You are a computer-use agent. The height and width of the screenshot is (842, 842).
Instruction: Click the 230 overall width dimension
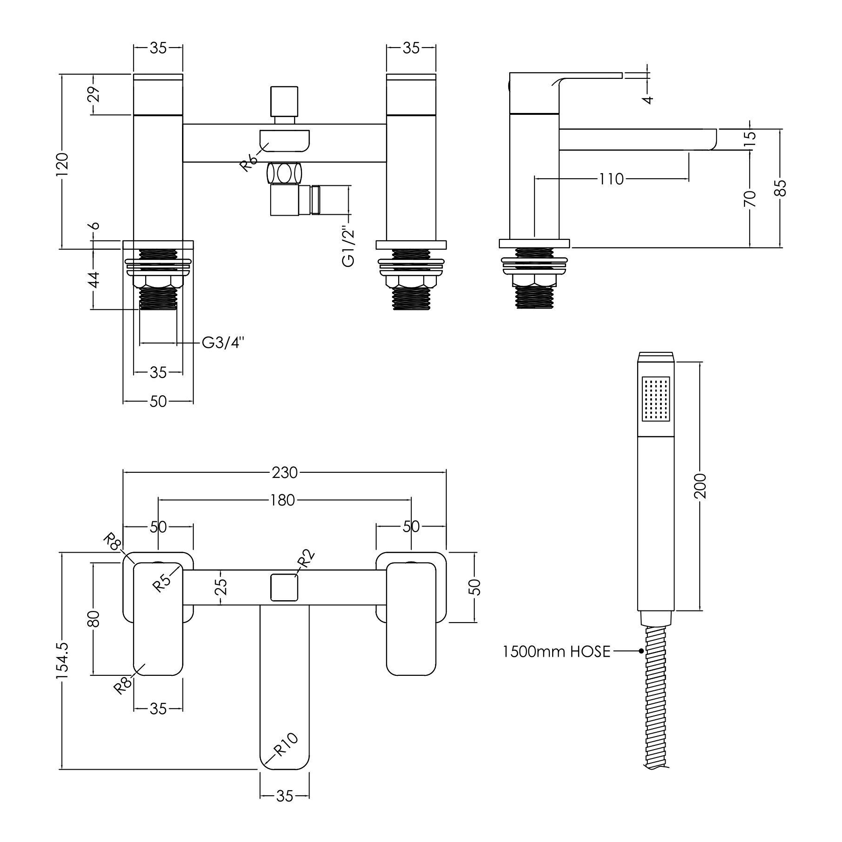click(x=285, y=472)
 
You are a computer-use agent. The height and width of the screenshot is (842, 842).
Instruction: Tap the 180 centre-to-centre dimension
click(x=282, y=500)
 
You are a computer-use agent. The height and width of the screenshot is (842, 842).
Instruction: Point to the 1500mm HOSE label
click(x=556, y=651)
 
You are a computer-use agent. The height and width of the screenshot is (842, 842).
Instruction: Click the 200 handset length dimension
click(x=701, y=486)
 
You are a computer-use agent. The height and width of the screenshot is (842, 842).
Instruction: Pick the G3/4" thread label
click(x=223, y=343)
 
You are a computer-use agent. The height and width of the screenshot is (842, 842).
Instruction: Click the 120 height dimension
click(x=63, y=163)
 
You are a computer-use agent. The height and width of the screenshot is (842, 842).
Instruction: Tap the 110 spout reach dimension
click(x=611, y=179)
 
